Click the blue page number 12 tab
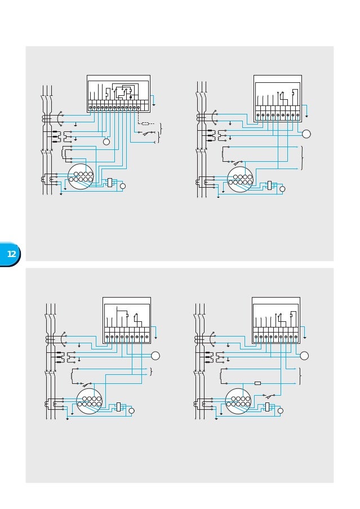coord(11,254)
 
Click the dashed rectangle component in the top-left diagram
coord(145,123)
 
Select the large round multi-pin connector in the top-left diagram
coord(81,176)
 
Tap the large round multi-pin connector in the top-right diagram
coord(240,179)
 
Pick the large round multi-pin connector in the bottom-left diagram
coord(89,401)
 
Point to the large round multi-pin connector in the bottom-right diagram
coord(238,401)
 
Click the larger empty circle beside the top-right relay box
coord(306,134)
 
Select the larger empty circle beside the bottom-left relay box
coord(155,356)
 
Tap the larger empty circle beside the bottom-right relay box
coord(304,356)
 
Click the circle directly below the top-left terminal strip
coord(106,141)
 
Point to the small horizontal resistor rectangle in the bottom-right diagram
coord(257,383)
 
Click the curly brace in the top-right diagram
coord(302,158)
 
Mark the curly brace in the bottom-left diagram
coord(151,372)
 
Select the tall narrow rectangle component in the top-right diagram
coord(269,185)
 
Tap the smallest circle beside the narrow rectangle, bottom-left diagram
coord(131,410)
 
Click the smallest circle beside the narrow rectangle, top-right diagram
coord(282,189)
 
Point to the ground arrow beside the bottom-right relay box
coord(305,338)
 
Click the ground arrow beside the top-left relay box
coord(153,105)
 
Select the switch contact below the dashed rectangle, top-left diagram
coord(149,132)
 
